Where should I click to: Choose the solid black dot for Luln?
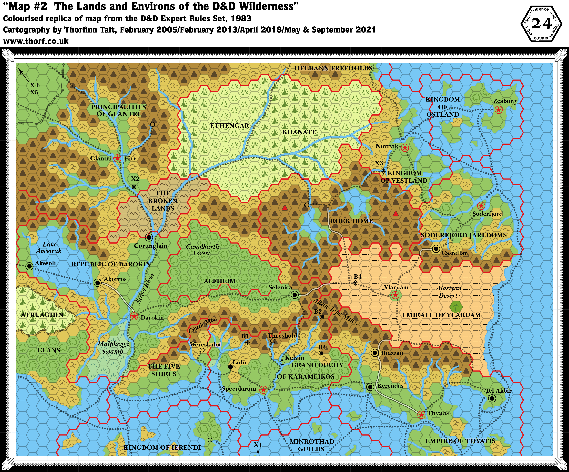[x=230, y=367]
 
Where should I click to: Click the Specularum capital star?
[x=263, y=390]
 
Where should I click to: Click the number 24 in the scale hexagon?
[x=542, y=24]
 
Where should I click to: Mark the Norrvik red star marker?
[x=405, y=148]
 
